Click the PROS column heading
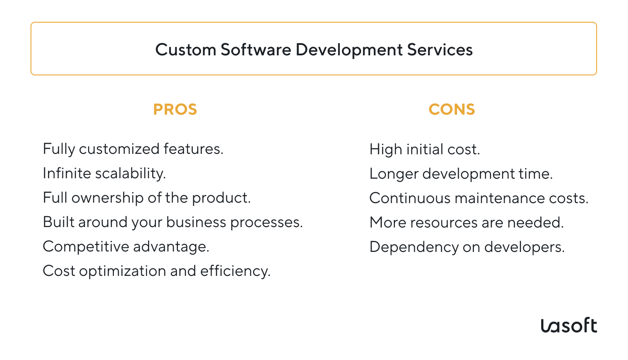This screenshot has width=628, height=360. click(x=175, y=109)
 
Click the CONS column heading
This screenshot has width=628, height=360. click(x=451, y=109)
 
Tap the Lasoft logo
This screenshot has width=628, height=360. click(x=569, y=326)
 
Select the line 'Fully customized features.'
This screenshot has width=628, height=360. click(x=133, y=149)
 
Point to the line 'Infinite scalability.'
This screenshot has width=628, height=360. click(x=104, y=173)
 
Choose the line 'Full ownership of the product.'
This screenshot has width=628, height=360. click(x=147, y=198)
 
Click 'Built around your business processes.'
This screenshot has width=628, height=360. click(x=173, y=222)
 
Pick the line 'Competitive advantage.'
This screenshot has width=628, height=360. click(x=126, y=247)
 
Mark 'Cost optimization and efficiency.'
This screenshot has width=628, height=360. click(x=157, y=271)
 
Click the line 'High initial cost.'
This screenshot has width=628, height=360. click(x=424, y=149)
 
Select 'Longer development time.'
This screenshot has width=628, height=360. click(x=461, y=174)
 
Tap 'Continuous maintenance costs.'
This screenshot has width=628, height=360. click(x=479, y=198)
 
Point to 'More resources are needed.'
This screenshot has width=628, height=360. click(x=467, y=223)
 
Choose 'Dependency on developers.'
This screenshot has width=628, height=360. click(x=467, y=247)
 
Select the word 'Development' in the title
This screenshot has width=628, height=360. click(x=349, y=50)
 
